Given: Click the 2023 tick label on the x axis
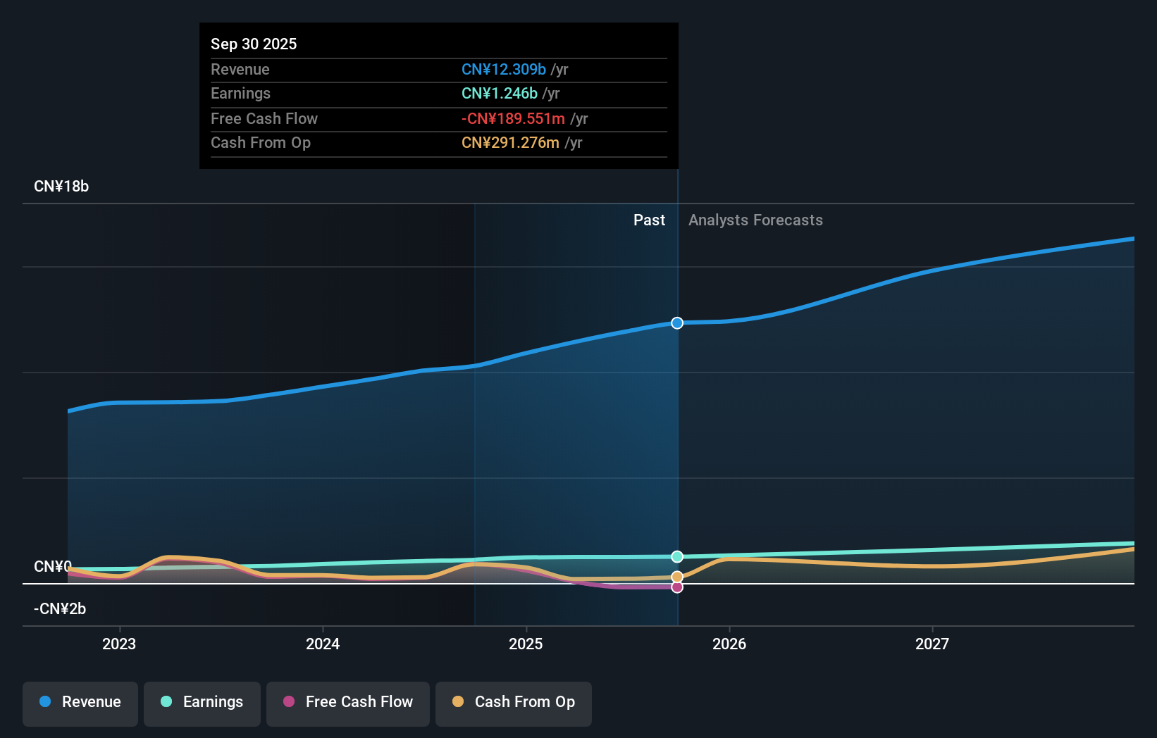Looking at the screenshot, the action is (119, 644).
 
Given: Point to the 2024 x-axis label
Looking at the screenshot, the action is (323, 644).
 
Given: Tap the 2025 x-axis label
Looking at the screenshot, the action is (526, 644).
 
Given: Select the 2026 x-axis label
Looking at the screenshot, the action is (729, 644).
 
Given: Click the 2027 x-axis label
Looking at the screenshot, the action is (932, 644).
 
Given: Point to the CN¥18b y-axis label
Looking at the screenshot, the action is (61, 187).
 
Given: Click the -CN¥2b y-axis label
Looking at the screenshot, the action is (60, 609).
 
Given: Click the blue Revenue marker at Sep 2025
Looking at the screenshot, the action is (677, 323).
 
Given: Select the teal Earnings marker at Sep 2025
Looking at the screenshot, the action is (677, 556).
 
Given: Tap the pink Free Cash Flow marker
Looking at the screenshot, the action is (677, 587).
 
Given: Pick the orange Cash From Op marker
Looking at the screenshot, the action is (677, 577).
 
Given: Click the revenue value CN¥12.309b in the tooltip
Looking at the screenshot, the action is (504, 69).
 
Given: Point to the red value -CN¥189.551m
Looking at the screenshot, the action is (513, 119).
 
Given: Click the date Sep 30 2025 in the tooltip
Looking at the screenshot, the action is (254, 44).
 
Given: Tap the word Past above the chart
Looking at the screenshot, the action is (649, 220).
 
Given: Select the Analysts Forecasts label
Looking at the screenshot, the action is (755, 220).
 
